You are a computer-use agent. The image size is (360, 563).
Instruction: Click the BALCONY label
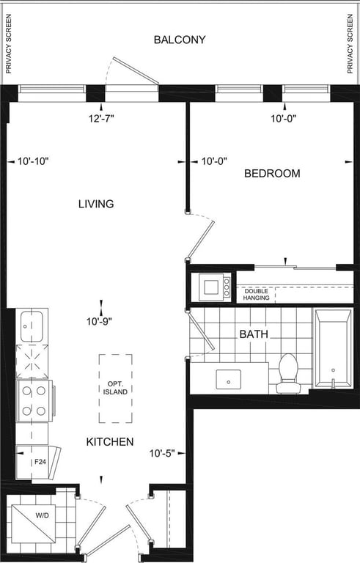[x=180, y=40]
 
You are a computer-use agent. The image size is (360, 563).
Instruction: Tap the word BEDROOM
[x=272, y=174]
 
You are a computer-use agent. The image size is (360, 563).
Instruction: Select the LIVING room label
[x=96, y=204]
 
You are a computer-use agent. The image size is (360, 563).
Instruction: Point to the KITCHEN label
[x=110, y=441]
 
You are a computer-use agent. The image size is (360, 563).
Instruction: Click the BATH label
[x=254, y=334]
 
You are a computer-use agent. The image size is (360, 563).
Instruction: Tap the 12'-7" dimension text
[x=101, y=118]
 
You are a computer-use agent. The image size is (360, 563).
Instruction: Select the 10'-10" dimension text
[x=33, y=161]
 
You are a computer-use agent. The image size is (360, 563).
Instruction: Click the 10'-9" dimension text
[x=99, y=322]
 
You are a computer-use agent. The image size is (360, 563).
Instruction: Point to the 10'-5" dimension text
[x=162, y=454]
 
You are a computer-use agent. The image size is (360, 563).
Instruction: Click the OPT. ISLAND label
[x=115, y=388]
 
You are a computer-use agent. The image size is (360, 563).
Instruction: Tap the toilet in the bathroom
[x=288, y=373]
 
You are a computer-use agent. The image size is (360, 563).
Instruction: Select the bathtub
[x=333, y=349]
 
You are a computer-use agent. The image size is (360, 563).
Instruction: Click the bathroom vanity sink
[x=229, y=380]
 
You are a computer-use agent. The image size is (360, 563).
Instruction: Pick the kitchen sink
[x=32, y=326]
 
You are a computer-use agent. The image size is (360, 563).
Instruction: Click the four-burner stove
[x=35, y=401]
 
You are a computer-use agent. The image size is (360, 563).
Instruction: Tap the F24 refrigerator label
[x=40, y=462]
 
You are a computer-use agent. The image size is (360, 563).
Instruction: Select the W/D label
[x=43, y=516]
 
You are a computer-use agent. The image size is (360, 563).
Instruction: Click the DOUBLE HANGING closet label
[x=256, y=295]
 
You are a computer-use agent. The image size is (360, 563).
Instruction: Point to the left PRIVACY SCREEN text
[x=9, y=44]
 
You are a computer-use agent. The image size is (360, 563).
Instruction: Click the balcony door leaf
[x=136, y=70]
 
